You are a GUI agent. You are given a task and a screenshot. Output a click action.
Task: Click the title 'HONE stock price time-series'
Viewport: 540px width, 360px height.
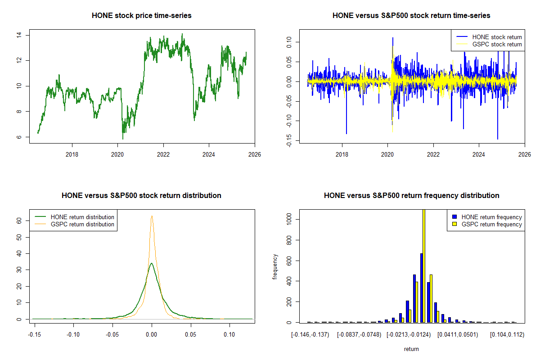(x=141, y=16)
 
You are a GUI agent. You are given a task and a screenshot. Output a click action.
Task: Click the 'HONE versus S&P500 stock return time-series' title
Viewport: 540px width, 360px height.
(x=411, y=16)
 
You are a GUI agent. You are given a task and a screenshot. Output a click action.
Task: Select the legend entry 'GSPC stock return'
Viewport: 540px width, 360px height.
(x=497, y=45)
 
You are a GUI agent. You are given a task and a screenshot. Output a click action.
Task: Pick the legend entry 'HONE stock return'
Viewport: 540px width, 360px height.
(x=497, y=37)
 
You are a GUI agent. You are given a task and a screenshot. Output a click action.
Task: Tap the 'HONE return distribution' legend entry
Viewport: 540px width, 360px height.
(x=82, y=217)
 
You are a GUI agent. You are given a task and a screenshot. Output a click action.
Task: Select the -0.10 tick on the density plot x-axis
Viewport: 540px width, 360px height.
(x=74, y=335)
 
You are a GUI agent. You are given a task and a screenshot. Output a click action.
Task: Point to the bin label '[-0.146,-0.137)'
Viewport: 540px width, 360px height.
(x=310, y=335)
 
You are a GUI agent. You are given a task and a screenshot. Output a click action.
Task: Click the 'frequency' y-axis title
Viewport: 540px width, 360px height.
(x=275, y=266)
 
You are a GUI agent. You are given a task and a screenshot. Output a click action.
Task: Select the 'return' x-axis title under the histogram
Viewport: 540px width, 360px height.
(x=411, y=349)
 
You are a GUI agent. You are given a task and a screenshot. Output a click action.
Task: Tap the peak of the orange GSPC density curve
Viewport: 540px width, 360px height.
(x=152, y=216)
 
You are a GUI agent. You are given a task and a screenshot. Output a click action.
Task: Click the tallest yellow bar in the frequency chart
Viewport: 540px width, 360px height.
(x=423, y=265)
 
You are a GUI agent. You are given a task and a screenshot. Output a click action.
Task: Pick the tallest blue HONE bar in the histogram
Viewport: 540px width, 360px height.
(x=421, y=288)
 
